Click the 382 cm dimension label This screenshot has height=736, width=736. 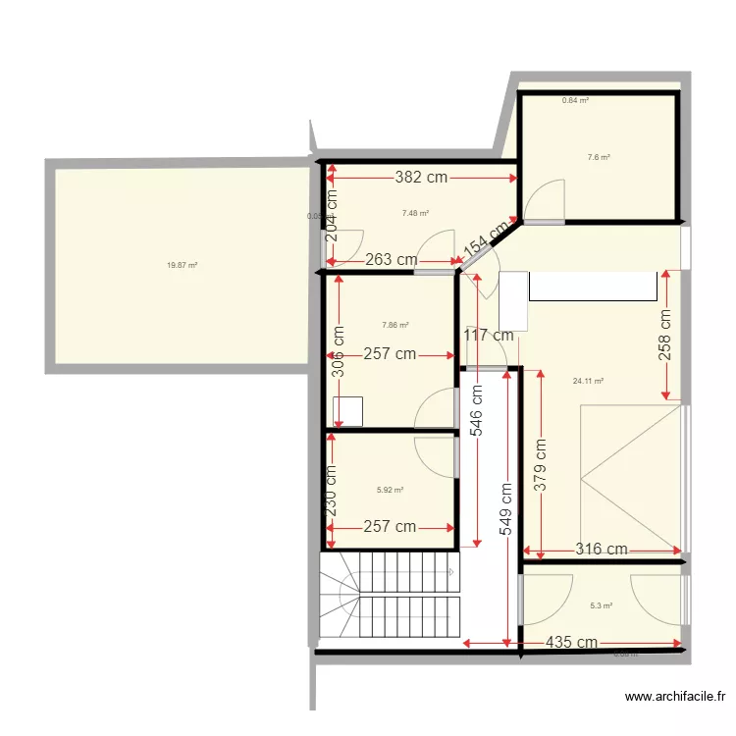(x=422, y=178)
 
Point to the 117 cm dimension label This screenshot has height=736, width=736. (x=489, y=335)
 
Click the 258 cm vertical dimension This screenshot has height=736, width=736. (x=664, y=335)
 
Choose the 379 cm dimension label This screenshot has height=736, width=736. (x=540, y=464)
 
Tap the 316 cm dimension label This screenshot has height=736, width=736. (x=602, y=550)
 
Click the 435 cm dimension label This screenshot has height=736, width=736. (x=573, y=643)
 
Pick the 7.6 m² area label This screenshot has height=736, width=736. (x=599, y=157)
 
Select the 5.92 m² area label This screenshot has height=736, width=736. (x=390, y=490)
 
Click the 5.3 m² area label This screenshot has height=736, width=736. (x=602, y=605)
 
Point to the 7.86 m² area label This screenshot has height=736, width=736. (x=394, y=326)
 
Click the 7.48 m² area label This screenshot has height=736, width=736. (x=415, y=212)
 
